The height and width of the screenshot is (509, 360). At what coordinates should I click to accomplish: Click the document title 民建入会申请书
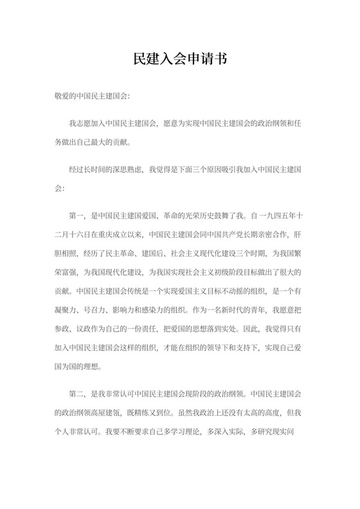[180, 58]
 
